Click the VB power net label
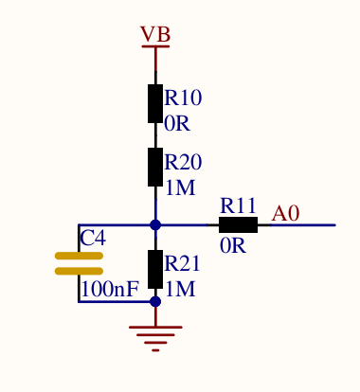155,35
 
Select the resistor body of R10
155,103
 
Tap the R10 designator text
183,98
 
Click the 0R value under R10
177,123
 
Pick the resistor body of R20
155,167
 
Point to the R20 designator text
183,163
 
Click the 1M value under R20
180,187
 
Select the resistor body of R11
238,225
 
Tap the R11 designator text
239,205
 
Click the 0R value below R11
233,246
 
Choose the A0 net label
285,214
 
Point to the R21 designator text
183,264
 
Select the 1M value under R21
180,289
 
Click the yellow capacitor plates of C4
79,263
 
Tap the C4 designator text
93,239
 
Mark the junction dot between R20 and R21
155,225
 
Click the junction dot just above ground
155,302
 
